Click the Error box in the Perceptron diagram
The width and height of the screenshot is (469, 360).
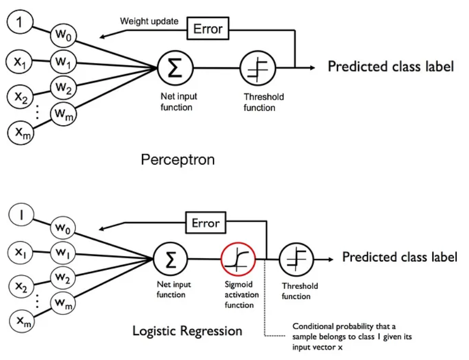tap(208, 29)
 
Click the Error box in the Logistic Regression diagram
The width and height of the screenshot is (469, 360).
tap(206, 223)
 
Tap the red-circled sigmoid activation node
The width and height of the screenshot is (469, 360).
tap(238, 259)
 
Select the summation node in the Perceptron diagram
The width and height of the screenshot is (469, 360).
tap(175, 68)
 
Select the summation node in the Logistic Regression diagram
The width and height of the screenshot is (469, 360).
tap(170, 259)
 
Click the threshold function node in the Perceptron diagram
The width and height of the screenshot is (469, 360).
tap(258, 68)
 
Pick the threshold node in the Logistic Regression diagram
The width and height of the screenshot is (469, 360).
tap(297, 259)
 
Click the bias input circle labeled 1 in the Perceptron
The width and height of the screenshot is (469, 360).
tap(20, 22)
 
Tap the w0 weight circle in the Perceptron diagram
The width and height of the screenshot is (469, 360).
tap(63, 36)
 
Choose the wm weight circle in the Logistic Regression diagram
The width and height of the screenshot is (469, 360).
tap(63, 303)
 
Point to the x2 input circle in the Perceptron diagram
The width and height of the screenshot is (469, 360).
tap(21, 96)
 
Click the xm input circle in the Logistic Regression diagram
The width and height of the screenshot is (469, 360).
tap(22, 321)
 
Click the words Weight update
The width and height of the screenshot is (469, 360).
tap(149, 21)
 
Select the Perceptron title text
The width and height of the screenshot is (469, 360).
tap(178, 160)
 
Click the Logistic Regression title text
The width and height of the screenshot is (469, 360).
tap(187, 331)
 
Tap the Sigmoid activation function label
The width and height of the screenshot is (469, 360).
tap(242, 294)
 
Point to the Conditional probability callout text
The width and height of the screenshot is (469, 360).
tap(352, 337)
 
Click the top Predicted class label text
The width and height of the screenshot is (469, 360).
tap(391, 66)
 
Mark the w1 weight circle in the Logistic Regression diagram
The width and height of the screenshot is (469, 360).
tap(63, 253)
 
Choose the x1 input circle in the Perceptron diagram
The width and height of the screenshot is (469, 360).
tap(20, 62)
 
